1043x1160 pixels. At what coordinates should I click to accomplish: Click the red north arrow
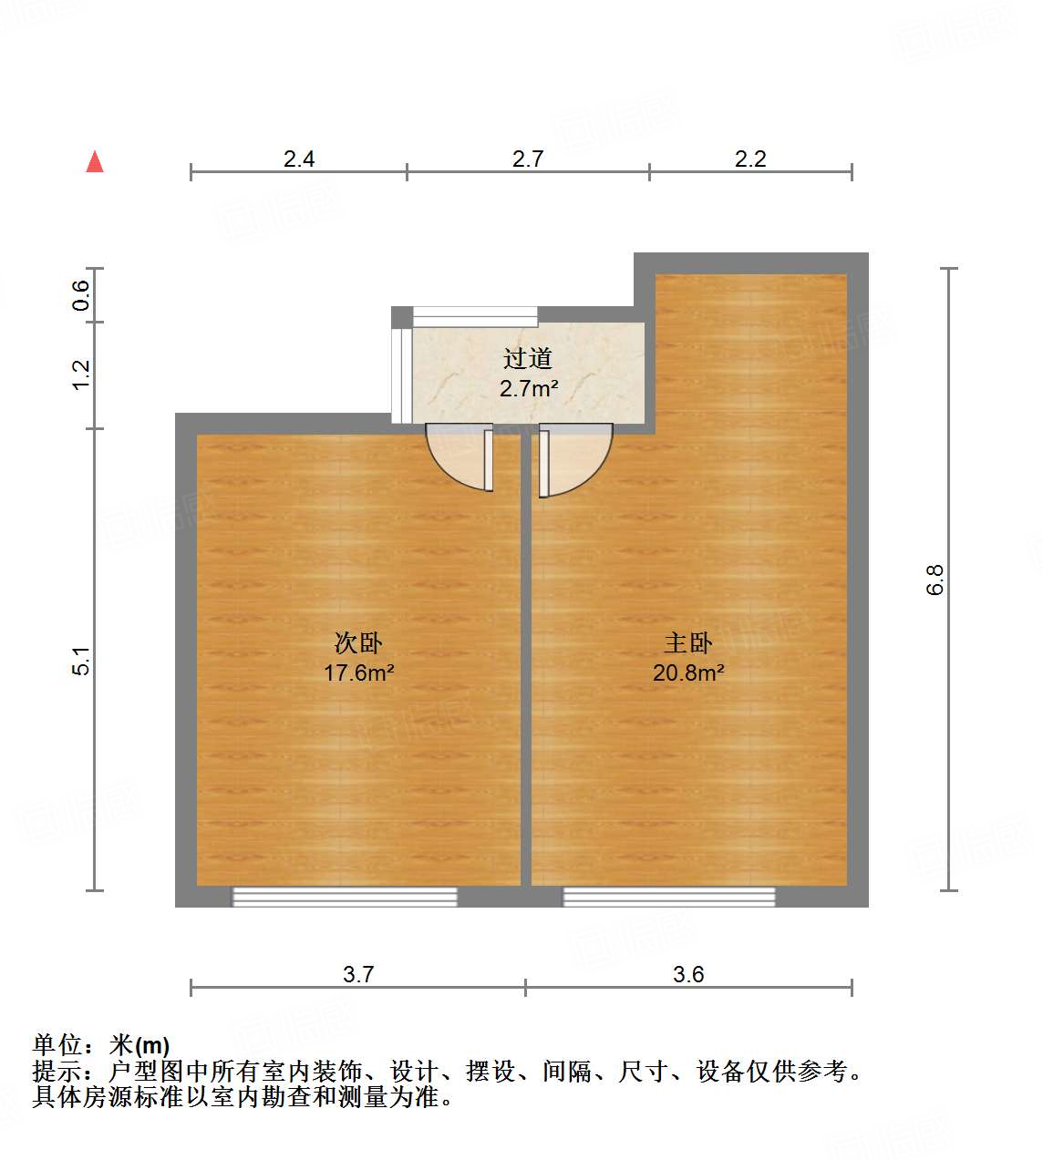click(95, 162)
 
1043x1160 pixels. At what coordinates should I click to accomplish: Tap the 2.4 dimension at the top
click(299, 159)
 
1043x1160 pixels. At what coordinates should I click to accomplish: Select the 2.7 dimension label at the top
click(528, 159)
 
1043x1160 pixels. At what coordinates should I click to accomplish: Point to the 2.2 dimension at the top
click(750, 159)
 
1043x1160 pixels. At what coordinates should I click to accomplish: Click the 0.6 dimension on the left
click(81, 295)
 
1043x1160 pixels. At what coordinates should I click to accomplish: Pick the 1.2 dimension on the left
click(81, 375)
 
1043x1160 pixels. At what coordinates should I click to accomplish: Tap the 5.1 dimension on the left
click(81, 661)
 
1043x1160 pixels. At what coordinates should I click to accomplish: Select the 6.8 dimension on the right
click(935, 580)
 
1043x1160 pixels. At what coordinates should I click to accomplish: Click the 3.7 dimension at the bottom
click(358, 974)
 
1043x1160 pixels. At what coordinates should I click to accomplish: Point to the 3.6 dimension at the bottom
click(688, 974)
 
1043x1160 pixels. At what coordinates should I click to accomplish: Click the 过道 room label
click(528, 359)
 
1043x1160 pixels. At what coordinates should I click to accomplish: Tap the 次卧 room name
click(358, 643)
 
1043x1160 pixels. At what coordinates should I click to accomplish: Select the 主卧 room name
click(688, 643)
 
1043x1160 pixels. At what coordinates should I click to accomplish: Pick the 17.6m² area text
click(358, 673)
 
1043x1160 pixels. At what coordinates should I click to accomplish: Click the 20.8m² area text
click(688, 673)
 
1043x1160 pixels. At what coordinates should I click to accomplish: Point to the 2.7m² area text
click(529, 388)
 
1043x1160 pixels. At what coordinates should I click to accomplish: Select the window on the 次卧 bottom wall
click(345, 897)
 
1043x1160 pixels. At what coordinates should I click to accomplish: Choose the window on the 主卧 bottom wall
click(669, 897)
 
